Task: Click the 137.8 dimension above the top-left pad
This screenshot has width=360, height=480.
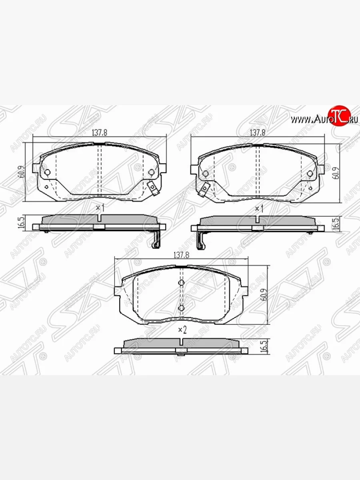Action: (x=100, y=133)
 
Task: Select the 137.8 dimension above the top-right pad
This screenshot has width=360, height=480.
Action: (x=258, y=133)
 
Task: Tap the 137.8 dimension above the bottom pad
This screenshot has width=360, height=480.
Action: (x=181, y=255)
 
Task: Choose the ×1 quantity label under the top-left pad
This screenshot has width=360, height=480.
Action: (x=100, y=208)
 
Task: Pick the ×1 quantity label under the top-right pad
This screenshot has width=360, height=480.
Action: (x=259, y=208)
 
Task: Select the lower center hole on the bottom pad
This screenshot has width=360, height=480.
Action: (x=181, y=308)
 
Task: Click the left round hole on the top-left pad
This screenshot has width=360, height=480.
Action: (x=47, y=172)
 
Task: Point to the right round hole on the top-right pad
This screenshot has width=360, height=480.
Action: (x=310, y=174)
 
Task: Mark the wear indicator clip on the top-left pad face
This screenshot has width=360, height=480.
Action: (x=151, y=187)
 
